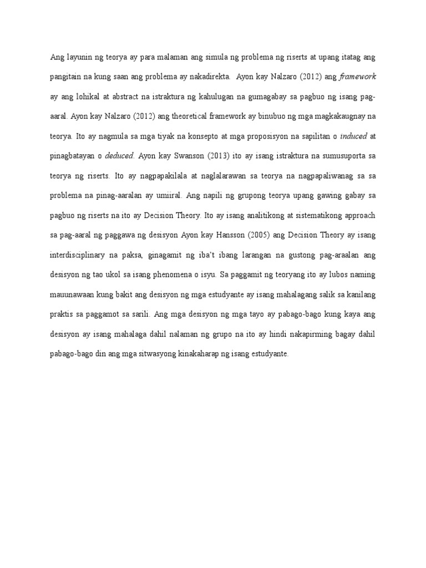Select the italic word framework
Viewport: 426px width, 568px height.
coord(357,76)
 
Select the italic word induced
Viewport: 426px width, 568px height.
coord(354,136)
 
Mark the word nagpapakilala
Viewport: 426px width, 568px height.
coord(165,176)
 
